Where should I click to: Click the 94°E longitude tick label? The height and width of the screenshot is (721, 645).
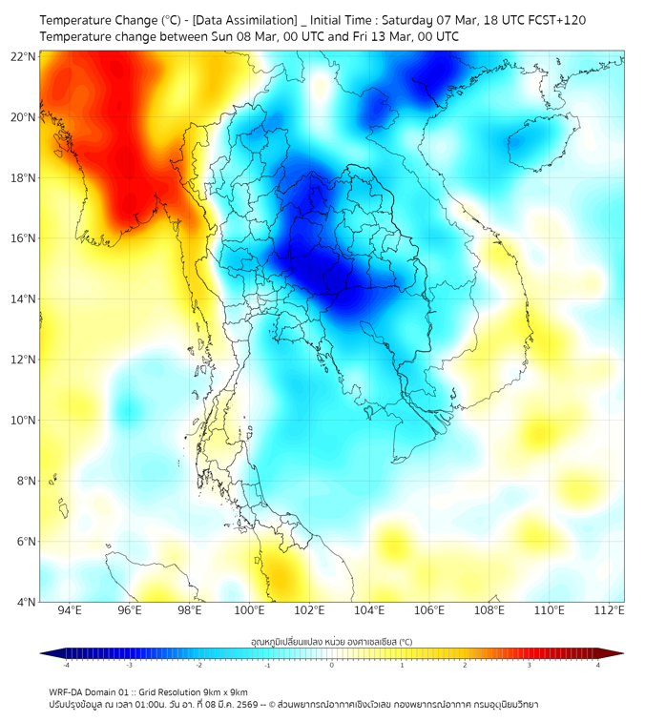(70, 610)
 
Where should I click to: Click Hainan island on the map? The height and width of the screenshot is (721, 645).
(535, 144)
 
